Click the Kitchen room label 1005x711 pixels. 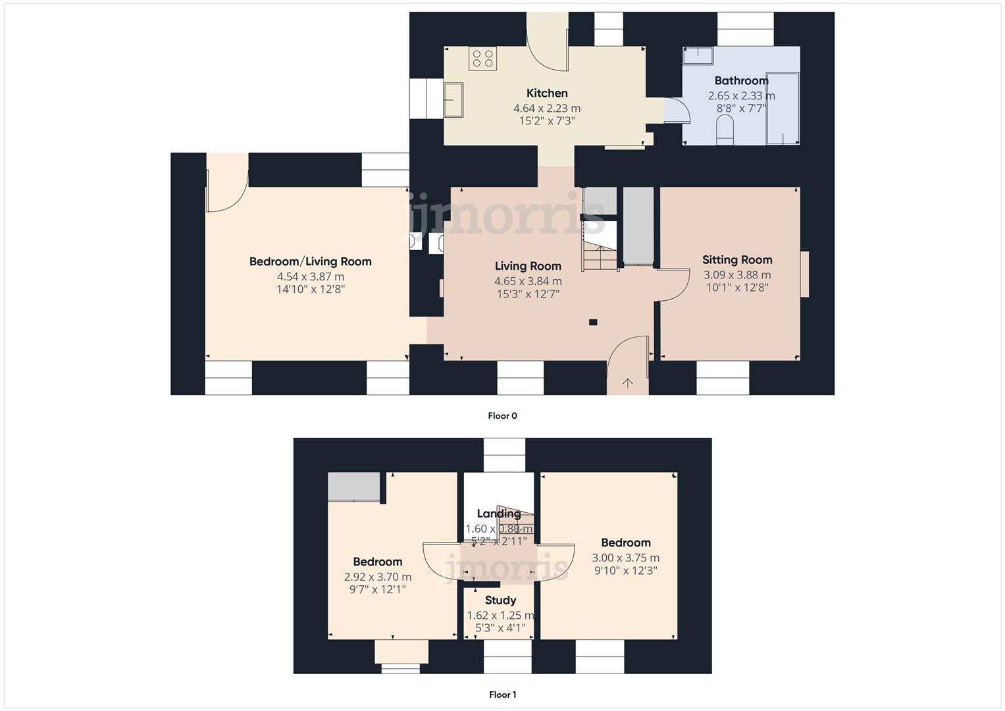click(547, 93)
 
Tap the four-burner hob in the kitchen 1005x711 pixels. click(482, 59)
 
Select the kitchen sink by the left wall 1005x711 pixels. click(453, 99)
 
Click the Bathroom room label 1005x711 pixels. click(741, 81)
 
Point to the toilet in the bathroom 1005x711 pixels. click(724, 129)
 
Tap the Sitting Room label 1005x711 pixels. click(737, 260)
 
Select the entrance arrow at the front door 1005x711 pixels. click(628, 383)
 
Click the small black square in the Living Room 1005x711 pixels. click(593, 323)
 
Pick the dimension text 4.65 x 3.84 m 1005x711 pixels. click(528, 281)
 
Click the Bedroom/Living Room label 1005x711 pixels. click(310, 262)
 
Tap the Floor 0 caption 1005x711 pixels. click(502, 416)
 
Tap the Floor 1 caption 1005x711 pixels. click(502, 695)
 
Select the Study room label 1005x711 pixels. click(500, 600)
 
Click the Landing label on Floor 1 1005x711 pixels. click(498, 514)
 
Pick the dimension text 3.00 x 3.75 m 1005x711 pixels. click(625, 558)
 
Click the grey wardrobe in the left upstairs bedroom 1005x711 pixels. click(354, 487)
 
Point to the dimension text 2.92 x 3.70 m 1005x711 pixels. click(377, 577)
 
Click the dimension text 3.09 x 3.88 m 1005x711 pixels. click(737, 275)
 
